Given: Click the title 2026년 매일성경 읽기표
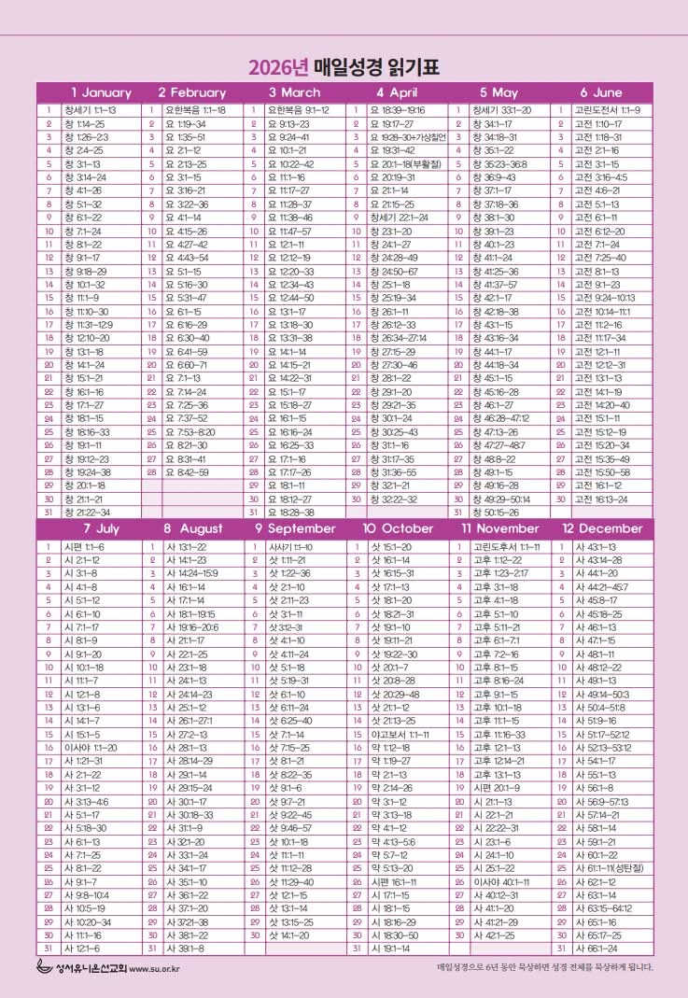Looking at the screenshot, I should (x=344, y=67).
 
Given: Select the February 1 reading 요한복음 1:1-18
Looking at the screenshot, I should (x=195, y=110).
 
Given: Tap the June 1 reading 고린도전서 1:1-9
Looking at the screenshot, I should (x=607, y=110).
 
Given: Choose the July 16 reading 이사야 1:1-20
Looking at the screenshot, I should (x=91, y=748).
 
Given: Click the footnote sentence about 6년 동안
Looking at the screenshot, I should (x=545, y=967).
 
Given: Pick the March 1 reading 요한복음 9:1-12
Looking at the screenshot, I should (x=298, y=110).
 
